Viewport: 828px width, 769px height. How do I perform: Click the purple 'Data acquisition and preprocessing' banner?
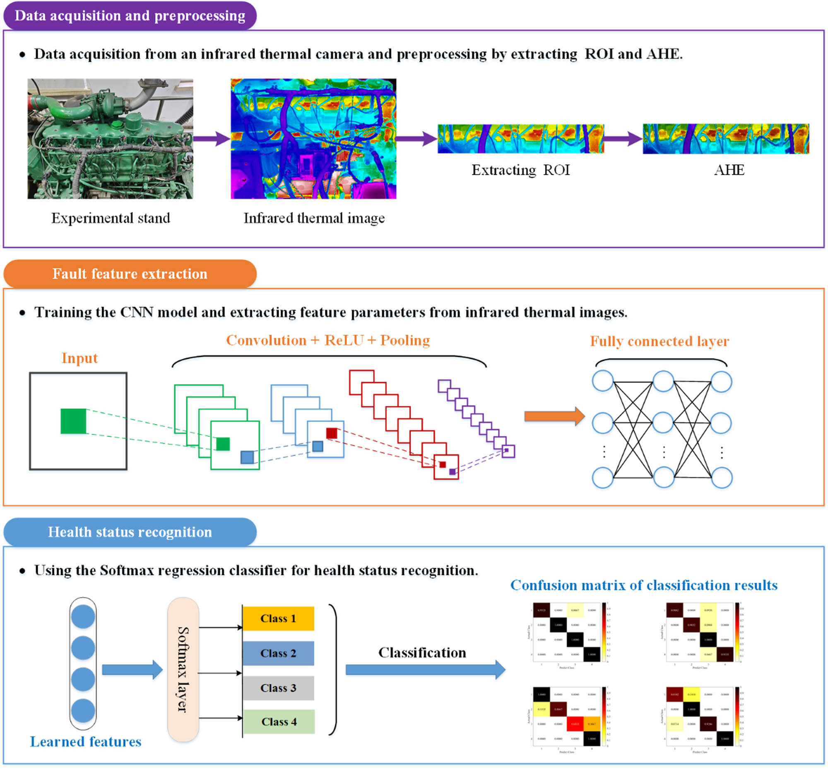click(x=130, y=16)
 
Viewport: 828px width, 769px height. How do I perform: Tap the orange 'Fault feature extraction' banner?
click(x=130, y=274)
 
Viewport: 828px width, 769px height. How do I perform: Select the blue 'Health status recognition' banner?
click(x=130, y=532)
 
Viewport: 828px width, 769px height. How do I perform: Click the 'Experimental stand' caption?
click(x=111, y=218)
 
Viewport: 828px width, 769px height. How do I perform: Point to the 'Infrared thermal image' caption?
click(x=314, y=218)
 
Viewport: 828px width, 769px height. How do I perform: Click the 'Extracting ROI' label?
click(x=520, y=170)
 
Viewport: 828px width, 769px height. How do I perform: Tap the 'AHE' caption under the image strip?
click(x=729, y=170)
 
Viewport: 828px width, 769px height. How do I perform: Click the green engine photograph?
click(x=110, y=139)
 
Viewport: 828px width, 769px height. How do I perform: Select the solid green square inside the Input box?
click(x=73, y=421)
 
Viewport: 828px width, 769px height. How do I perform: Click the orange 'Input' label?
click(x=79, y=358)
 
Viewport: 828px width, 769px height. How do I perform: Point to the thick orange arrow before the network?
click(x=554, y=416)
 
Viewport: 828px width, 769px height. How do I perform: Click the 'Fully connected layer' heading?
click(x=660, y=341)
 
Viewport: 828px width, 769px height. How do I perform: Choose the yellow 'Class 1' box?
click(x=278, y=618)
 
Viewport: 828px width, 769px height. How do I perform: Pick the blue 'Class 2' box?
click(x=278, y=653)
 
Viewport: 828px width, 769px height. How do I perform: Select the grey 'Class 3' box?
click(x=278, y=688)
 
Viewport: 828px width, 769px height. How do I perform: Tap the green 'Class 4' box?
click(x=279, y=721)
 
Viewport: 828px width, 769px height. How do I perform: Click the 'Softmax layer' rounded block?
click(x=183, y=670)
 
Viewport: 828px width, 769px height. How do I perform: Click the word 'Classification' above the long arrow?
click(x=422, y=652)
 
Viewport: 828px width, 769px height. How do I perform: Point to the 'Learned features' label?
click(x=85, y=742)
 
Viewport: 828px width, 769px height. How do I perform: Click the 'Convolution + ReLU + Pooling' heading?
click(x=328, y=340)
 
